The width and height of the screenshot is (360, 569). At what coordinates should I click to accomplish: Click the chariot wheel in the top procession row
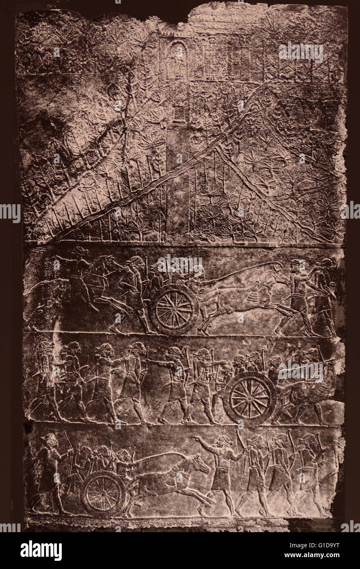pos(174,309)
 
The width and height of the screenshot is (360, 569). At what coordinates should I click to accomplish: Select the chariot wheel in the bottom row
pos(103,493)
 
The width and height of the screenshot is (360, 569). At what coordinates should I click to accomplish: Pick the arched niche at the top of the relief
pos(177,57)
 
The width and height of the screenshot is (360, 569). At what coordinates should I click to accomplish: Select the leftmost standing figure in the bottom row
pos(48,471)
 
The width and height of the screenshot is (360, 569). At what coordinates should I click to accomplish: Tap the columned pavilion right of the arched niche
pos(237,61)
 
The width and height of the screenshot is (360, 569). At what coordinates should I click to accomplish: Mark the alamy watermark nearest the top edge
pos(301,52)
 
